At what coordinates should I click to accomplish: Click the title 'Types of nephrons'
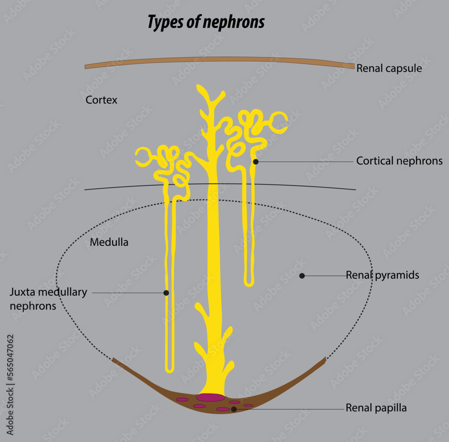pos(206,22)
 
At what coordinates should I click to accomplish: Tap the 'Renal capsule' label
pos(389,69)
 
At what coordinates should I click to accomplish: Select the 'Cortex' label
pos(101,100)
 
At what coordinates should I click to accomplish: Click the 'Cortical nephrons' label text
pos(399,161)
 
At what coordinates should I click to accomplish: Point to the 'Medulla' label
pos(109,242)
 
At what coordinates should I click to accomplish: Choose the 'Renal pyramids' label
pos(382,275)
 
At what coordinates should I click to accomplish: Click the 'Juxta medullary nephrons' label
pos(48,299)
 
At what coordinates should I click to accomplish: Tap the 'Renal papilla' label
pos(376,408)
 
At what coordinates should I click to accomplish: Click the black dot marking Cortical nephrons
pos(255,162)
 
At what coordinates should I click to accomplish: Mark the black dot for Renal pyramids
pos(302,276)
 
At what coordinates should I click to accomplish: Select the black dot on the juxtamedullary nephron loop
pos(166,293)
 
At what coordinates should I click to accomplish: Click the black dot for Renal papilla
pos(234,409)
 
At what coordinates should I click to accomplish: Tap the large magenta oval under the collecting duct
pos(211,397)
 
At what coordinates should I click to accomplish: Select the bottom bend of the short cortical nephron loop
pos(249,284)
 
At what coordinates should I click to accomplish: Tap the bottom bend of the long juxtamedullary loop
pos(169,370)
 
